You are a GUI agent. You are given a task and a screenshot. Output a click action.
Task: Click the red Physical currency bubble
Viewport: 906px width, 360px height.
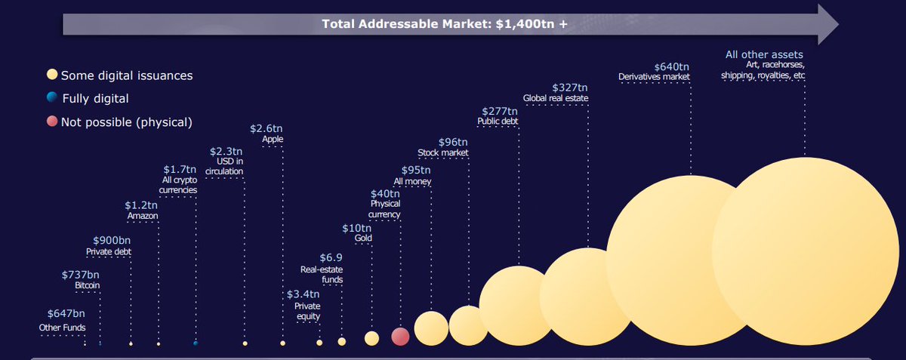pyautogui.click(x=400, y=337)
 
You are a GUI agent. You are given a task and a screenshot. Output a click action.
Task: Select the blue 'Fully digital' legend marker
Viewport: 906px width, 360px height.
pyautogui.click(x=51, y=98)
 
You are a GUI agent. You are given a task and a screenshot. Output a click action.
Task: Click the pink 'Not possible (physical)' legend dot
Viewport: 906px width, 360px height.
pyautogui.click(x=51, y=122)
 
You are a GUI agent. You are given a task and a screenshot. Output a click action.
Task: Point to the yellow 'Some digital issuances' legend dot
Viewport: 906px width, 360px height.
pyautogui.click(x=51, y=75)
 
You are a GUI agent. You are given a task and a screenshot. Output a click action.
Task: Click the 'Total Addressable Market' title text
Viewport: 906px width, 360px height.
pyautogui.click(x=445, y=23)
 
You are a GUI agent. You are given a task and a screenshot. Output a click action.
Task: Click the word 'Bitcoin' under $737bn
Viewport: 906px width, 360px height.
pyautogui.click(x=87, y=286)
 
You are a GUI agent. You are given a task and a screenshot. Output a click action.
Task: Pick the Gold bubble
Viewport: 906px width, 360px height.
pyautogui.click(x=371, y=338)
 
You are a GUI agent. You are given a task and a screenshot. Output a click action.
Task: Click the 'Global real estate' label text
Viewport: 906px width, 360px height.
pyautogui.click(x=555, y=98)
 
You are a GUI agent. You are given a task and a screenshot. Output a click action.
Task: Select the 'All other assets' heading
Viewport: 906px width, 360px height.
pyautogui.click(x=764, y=54)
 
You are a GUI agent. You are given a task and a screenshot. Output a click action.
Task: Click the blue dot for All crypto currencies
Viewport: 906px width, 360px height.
pyautogui.click(x=196, y=343)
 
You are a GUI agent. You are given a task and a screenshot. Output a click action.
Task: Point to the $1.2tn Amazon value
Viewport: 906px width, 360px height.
pyautogui.click(x=141, y=205)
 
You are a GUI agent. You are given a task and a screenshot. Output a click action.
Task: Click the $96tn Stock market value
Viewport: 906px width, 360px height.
pyautogui.click(x=453, y=142)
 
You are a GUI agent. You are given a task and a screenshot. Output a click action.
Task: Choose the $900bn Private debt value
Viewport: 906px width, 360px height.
pyautogui.click(x=111, y=240)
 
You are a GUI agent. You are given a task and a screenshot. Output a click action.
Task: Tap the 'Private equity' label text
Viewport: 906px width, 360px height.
pyautogui.click(x=307, y=311)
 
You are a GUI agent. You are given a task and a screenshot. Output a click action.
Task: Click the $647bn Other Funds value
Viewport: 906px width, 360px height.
pyautogui.click(x=66, y=313)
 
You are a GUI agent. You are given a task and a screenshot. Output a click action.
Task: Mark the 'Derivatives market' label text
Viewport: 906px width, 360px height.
pyautogui.click(x=654, y=77)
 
